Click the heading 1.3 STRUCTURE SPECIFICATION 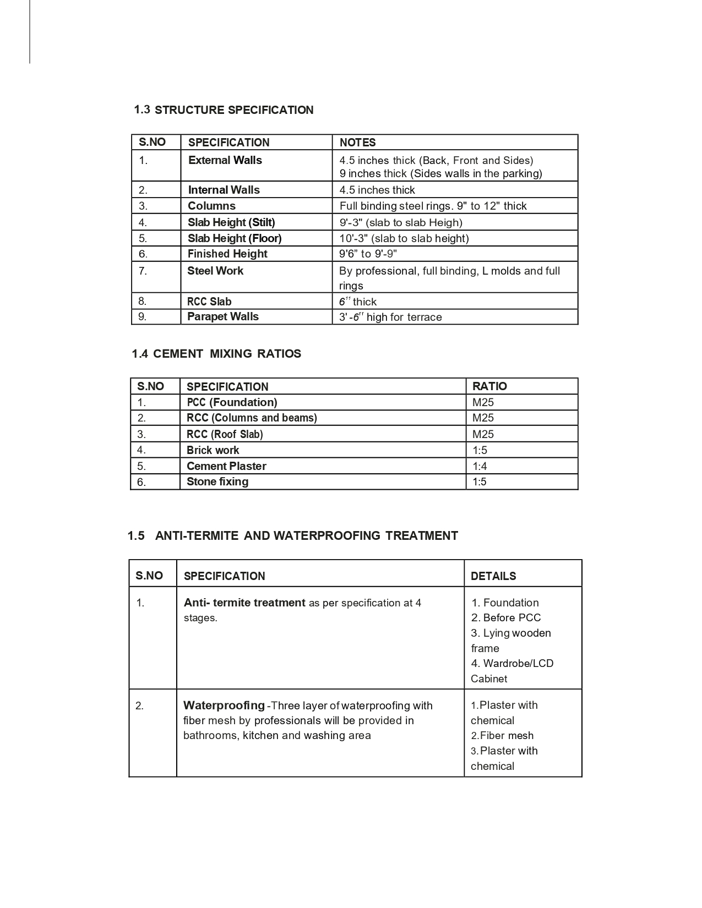[x=224, y=110]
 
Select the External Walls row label [x=225, y=160]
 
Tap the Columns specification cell [x=211, y=206]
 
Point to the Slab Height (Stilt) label [x=231, y=222]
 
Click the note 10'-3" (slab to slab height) [x=404, y=238]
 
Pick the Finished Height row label [x=227, y=254]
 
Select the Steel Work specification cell [x=215, y=271]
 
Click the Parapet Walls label [x=223, y=316]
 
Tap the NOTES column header [x=358, y=143]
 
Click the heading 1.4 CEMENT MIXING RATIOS [x=216, y=354]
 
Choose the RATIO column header [x=489, y=386]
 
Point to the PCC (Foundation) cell [x=232, y=402]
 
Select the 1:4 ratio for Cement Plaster [x=480, y=466]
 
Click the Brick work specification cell [x=213, y=450]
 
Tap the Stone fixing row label [x=217, y=482]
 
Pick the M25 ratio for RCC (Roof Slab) [x=483, y=434]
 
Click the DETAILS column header [x=493, y=576]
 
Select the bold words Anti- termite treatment [x=244, y=603]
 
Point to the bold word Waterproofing [x=224, y=705]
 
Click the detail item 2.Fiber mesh [x=502, y=736]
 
